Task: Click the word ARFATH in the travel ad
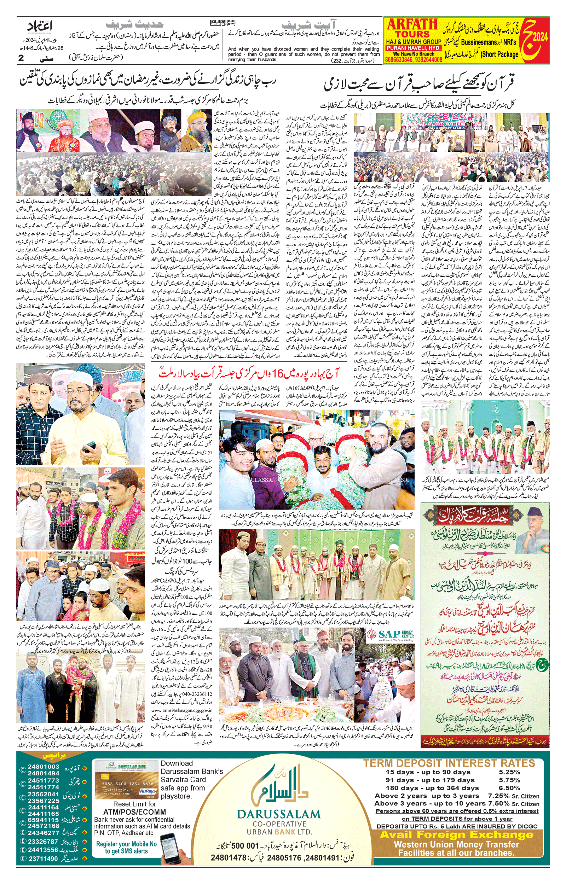[412, 25]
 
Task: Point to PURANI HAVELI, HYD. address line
[414, 48]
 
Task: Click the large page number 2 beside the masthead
[21, 58]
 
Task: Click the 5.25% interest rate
[509, 772]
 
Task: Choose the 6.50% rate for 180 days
[509, 788]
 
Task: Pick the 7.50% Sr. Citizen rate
[499, 804]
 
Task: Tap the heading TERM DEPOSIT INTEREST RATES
[449, 763]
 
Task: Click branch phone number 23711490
[43, 859]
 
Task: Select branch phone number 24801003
[43, 767]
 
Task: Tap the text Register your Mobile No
[126, 844]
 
